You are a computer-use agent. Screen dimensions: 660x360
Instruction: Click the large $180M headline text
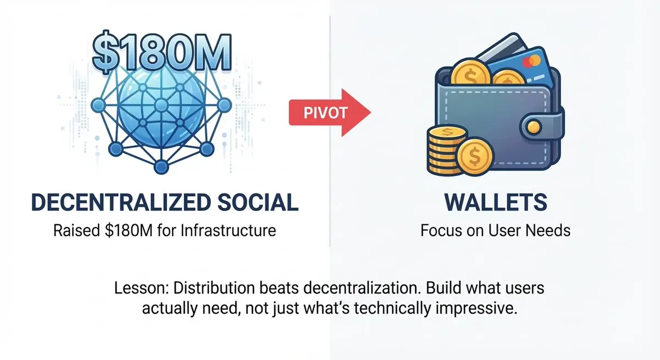tap(162, 52)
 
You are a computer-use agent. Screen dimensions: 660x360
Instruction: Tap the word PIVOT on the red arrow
tap(325, 113)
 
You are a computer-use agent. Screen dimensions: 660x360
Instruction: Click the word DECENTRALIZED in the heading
tap(121, 202)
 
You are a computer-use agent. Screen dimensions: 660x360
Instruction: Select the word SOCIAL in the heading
tap(258, 202)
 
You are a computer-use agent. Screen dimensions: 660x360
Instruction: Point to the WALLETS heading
tap(496, 202)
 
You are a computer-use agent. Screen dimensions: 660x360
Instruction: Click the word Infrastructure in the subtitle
tap(228, 230)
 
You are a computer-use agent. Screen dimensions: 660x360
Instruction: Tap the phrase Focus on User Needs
tap(496, 230)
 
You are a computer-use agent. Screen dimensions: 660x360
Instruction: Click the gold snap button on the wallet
tap(533, 127)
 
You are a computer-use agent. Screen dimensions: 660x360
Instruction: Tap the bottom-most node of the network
tap(161, 167)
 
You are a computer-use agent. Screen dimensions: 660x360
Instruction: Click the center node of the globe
tap(161, 105)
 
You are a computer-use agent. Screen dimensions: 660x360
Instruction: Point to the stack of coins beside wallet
tap(447, 150)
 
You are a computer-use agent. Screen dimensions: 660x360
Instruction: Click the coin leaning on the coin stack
tap(474, 156)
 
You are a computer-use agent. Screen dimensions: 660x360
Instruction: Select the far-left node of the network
tap(98, 105)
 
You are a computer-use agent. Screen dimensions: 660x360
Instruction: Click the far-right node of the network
tap(224, 105)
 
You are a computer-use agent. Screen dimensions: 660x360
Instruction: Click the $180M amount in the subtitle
tap(129, 230)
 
